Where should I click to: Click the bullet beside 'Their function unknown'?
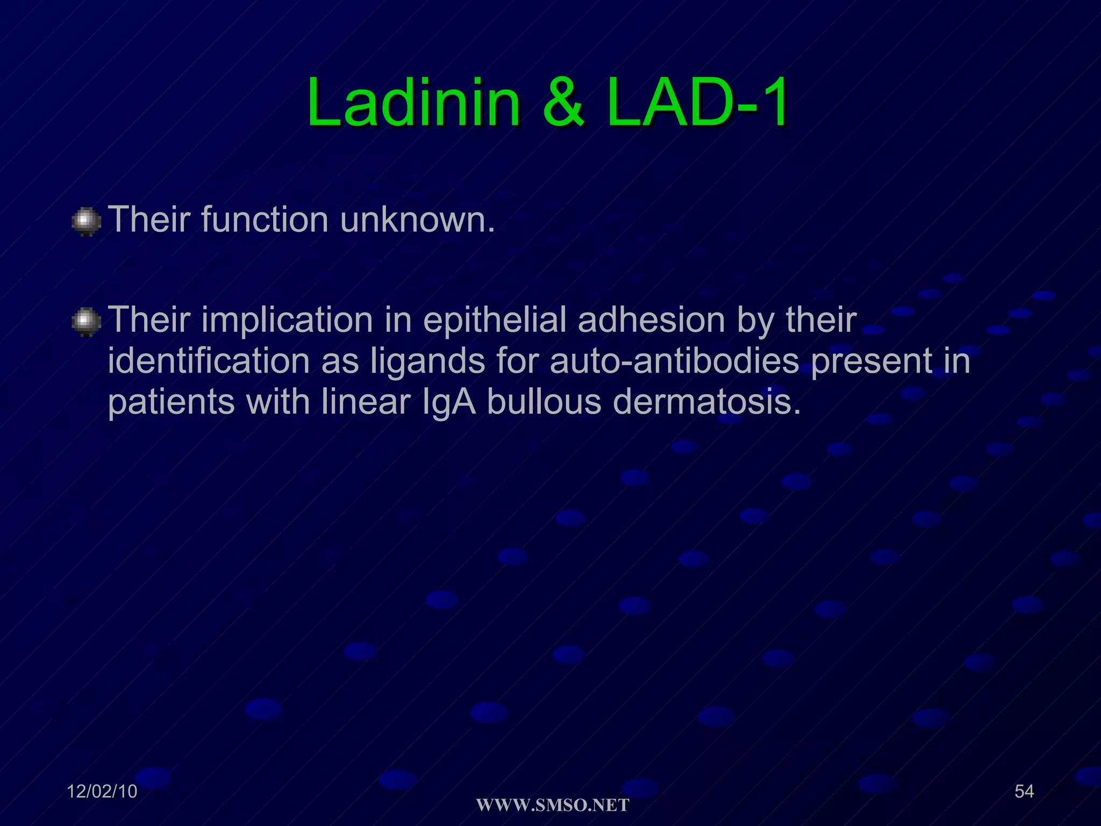click(x=86, y=222)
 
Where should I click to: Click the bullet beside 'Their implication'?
click(x=86, y=322)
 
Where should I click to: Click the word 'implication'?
click(x=287, y=321)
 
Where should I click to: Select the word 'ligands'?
click(x=428, y=361)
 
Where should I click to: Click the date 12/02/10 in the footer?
click(x=102, y=792)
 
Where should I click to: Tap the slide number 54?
click(x=1024, y=791)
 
